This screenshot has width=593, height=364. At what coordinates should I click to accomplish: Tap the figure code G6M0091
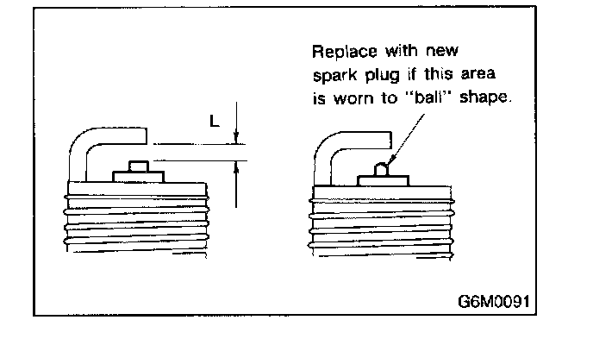point(493,303)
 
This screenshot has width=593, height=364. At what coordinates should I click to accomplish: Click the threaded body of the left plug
point(135,220)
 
